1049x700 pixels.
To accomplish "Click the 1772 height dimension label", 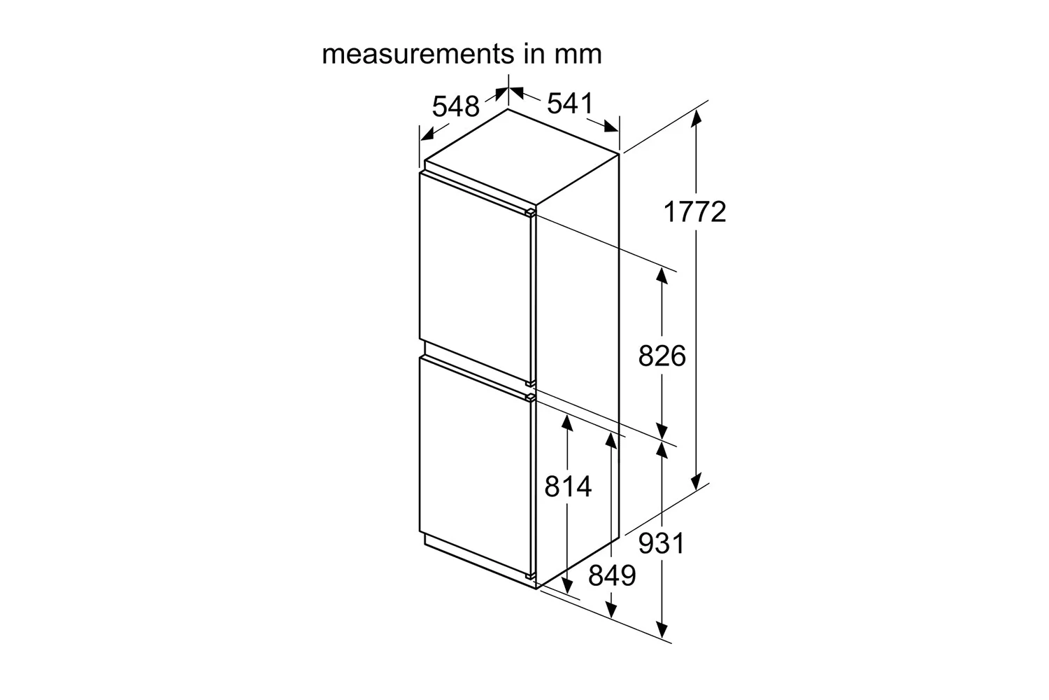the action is pos(694,211).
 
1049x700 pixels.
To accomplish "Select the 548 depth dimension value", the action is pos(456,106).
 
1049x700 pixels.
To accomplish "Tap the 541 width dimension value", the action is pos(570,103).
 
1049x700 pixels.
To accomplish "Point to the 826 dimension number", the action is pos(662,356).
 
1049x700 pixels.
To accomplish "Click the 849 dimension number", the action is pos(612,575).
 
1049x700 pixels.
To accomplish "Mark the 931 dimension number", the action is pos(662,543).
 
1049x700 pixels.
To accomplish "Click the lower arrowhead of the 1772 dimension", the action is pos(697,482).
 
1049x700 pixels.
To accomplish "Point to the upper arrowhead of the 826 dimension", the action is pos(662,275).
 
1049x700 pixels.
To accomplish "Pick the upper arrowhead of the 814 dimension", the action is pos(567,423).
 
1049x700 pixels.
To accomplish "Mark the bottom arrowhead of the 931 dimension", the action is pos(662,630).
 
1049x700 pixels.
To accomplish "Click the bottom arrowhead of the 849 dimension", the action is pos(611,610).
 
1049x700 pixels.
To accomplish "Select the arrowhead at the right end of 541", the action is pos(611,127).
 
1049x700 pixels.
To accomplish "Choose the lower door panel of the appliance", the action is pos(475,466).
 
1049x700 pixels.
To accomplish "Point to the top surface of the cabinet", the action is pos(522,157).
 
